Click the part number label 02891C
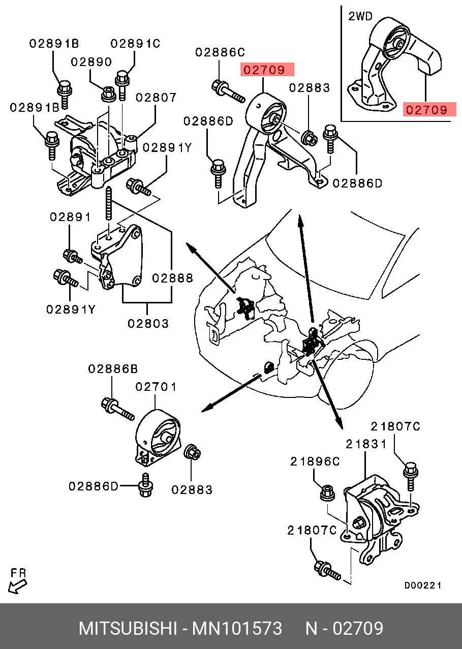(x=135, y=44)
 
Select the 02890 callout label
(x=91, y=62)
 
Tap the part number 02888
(x=172, y=278)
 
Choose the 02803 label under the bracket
(x=148, y=323)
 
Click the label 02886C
(x=220, y=52)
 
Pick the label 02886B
(x=113, y=369)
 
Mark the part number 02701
(x=156, y=387)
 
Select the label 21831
(x=366, y=444)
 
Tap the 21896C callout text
(x=315, y=461)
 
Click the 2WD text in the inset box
(x=360, y=16)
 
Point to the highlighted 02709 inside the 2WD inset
(x=426, y=109)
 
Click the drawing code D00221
(x=422, y=585)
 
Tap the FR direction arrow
(x=17, y=586)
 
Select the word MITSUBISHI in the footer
(x=127, y=629)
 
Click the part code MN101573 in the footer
(x=236, y=629)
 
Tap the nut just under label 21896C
(x=328, y=492)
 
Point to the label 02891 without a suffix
(x=70, y=217)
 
